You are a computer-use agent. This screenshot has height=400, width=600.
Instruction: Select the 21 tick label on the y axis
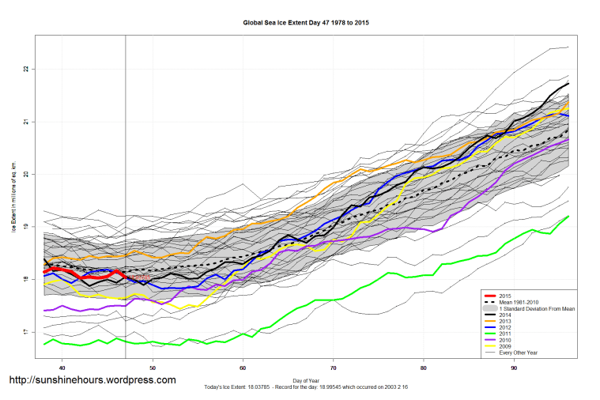(x=25, y=122)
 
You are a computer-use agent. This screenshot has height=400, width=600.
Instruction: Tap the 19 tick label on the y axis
(x=25, y=227)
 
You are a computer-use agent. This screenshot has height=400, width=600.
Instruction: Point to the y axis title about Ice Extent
(x=13, y=201)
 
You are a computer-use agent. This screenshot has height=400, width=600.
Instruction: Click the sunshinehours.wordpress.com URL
(x=92, y=380)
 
